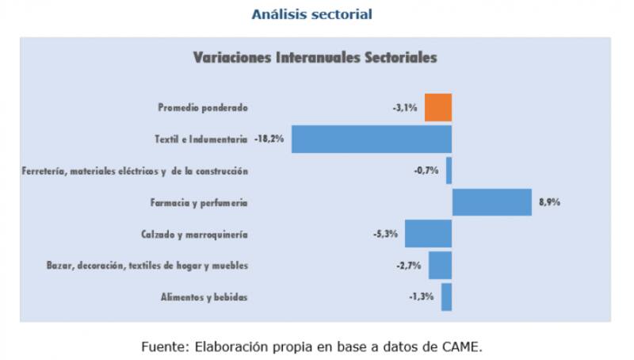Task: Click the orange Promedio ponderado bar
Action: point(438,107)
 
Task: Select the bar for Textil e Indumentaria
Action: point(372,139)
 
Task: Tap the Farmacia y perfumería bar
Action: point(491,202)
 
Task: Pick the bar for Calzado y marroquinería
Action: point(428,234)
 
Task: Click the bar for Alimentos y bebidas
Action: point(446,297)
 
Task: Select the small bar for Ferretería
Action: point(449,170)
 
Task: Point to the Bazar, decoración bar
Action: point(440,265)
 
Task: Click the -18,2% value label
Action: point(269,139)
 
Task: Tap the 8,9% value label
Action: point(549,202)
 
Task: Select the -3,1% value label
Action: point(404,107)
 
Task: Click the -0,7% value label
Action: point(426,170)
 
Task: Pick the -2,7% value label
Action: point(408,265)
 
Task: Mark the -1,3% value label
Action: point(421,297)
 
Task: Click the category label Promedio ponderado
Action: point(203,107)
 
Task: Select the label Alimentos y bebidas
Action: point(204,297)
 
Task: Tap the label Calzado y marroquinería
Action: point(195,234)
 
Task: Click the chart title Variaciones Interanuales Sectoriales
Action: point(315,58)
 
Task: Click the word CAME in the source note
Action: point(462,347)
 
